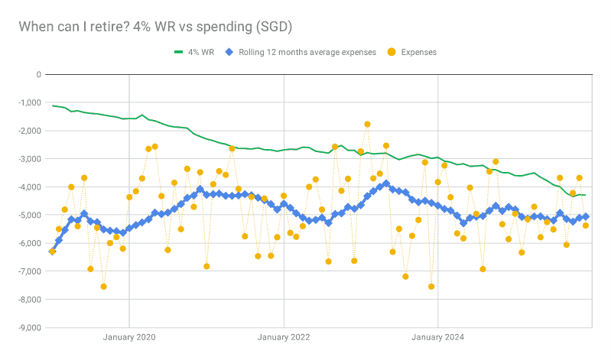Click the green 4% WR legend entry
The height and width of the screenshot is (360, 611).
tap(194, 52)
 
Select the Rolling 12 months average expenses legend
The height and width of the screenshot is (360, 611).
tap(301, 52)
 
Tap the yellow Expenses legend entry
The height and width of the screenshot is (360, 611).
tap(413, 52)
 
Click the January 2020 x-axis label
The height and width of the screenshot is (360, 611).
tap(128, 337)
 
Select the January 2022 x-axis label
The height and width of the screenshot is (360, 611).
tap(284, 337)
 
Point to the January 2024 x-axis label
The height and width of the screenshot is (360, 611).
tap(438, 337)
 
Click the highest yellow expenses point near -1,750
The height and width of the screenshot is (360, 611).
tap(367, 124)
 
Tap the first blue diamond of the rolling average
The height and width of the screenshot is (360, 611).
tap(52, 251)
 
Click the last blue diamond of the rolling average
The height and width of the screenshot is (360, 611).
tap(586, 216)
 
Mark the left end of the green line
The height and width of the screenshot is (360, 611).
tap(52, 105)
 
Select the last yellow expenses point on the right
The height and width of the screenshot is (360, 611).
tap(586, 225)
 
